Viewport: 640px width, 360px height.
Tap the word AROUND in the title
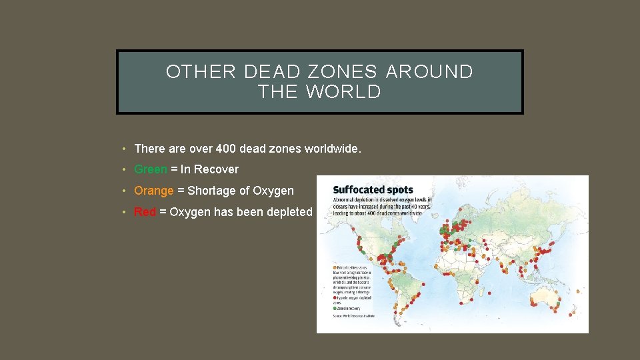pos(429,72)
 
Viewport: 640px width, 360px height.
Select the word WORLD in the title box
pos(344,93)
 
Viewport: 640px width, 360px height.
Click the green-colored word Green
pos(151,169)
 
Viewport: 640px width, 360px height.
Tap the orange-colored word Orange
pos(154,191)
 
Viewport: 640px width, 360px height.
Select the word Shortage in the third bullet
pos(210,191)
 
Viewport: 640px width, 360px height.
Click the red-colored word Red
pos(145,212)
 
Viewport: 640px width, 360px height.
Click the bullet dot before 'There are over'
pos(125,149)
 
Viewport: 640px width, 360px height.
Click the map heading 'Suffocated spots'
pos(373,190)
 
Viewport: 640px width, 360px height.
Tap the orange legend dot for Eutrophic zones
pos(335,267)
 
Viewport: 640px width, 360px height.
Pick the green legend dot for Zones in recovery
pos(335,307)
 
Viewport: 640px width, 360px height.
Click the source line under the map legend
pos(354,315)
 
